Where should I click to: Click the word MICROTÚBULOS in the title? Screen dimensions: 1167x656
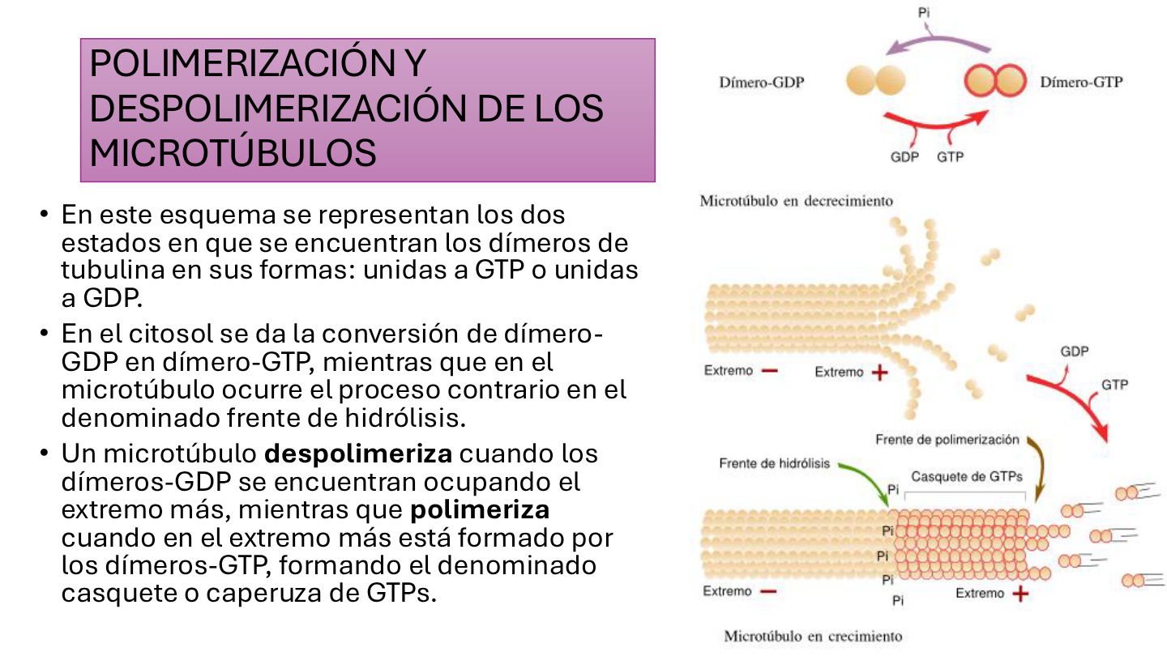tap(233, 153)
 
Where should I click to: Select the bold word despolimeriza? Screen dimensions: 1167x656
tap(358, 454)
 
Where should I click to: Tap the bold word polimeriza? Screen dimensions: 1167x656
tap(480, 509)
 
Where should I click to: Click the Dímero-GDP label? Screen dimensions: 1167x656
tap(762, 83)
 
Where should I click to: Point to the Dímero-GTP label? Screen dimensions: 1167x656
tap(1081, 82)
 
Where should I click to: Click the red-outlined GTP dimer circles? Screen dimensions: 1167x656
tap(995, 80)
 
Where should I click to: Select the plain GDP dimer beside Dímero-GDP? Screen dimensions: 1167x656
tap(876, 81)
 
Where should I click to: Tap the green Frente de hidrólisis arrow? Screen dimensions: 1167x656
tap(870, 476)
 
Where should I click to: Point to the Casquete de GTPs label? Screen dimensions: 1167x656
tap(966, 476)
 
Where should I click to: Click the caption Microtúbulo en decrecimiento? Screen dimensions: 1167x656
tap(796, 201)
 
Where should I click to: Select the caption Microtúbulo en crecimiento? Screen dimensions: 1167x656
tap(813, 636)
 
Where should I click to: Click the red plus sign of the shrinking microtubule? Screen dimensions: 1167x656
tap(879, 373)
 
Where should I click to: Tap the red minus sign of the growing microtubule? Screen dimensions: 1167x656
tap(768, 591)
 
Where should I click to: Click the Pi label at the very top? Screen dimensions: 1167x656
tap(924, 12)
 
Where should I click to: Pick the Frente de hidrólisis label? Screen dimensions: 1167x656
tap(774, 463)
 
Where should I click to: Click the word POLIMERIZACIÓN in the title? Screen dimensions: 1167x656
tap(243, 63)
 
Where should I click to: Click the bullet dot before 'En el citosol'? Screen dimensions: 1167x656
tap(45, 333)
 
